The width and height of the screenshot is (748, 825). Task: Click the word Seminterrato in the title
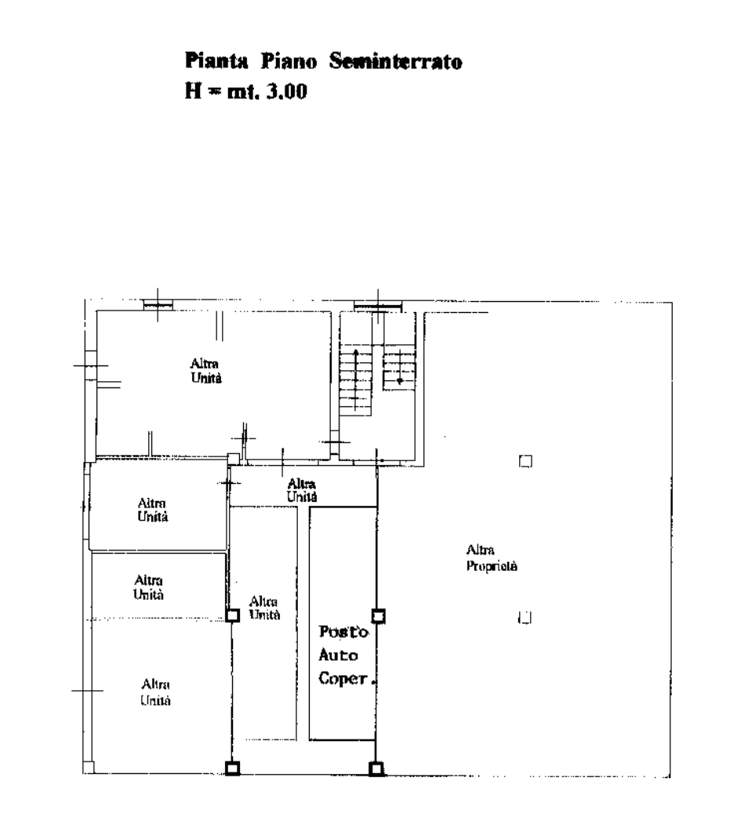pos(396,61)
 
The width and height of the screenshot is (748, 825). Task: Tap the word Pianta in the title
pos(216,61)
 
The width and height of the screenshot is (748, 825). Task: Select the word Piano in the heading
pos(289,61)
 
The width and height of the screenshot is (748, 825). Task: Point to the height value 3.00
pos(287,92)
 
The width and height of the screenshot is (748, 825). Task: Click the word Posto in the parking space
pos(343,631)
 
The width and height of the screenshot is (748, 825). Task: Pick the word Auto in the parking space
pos(338,655)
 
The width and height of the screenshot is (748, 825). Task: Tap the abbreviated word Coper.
pos(347,678)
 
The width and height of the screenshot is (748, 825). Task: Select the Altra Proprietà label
pos(492,558)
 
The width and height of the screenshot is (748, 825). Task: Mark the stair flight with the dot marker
pos(399,372)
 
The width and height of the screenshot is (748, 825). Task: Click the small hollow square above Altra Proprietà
pos(525,461)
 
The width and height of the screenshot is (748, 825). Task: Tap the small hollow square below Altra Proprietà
pos(525,617)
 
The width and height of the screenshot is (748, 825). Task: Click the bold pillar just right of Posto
pos(378,616)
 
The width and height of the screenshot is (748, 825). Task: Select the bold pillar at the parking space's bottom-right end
pos(376,769)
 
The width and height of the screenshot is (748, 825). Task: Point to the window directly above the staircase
pos(377,306)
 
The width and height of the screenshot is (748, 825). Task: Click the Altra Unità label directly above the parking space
pos(302,490)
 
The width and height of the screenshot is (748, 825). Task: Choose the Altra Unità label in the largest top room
pos(206,371)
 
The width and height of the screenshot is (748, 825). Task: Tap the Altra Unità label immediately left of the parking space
pos(264,609)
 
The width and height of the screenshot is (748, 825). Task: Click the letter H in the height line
pos(193,92)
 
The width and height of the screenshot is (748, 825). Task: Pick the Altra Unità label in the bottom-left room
pos(156,692)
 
